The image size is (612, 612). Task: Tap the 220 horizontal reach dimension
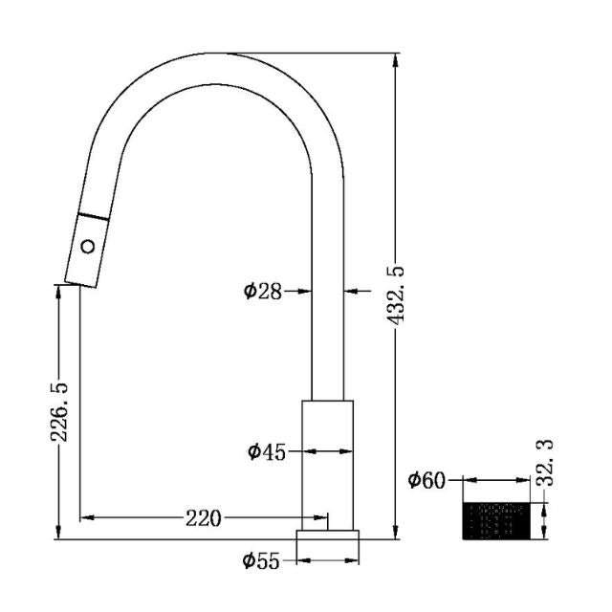(x=203, y=518)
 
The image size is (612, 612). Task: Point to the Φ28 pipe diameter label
(x=262, y=291)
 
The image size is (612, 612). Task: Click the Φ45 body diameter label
(x=267, y=451)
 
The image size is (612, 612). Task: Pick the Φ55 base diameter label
(x=261, y=562)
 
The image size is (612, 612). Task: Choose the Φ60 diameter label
(x=426, y=480)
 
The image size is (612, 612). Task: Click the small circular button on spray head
(x=88, y=247)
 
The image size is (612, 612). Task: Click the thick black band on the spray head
(x=93, y=216)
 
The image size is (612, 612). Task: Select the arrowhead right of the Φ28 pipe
(x=350, y=291)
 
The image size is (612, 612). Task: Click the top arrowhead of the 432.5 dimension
(x=397, y=59)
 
